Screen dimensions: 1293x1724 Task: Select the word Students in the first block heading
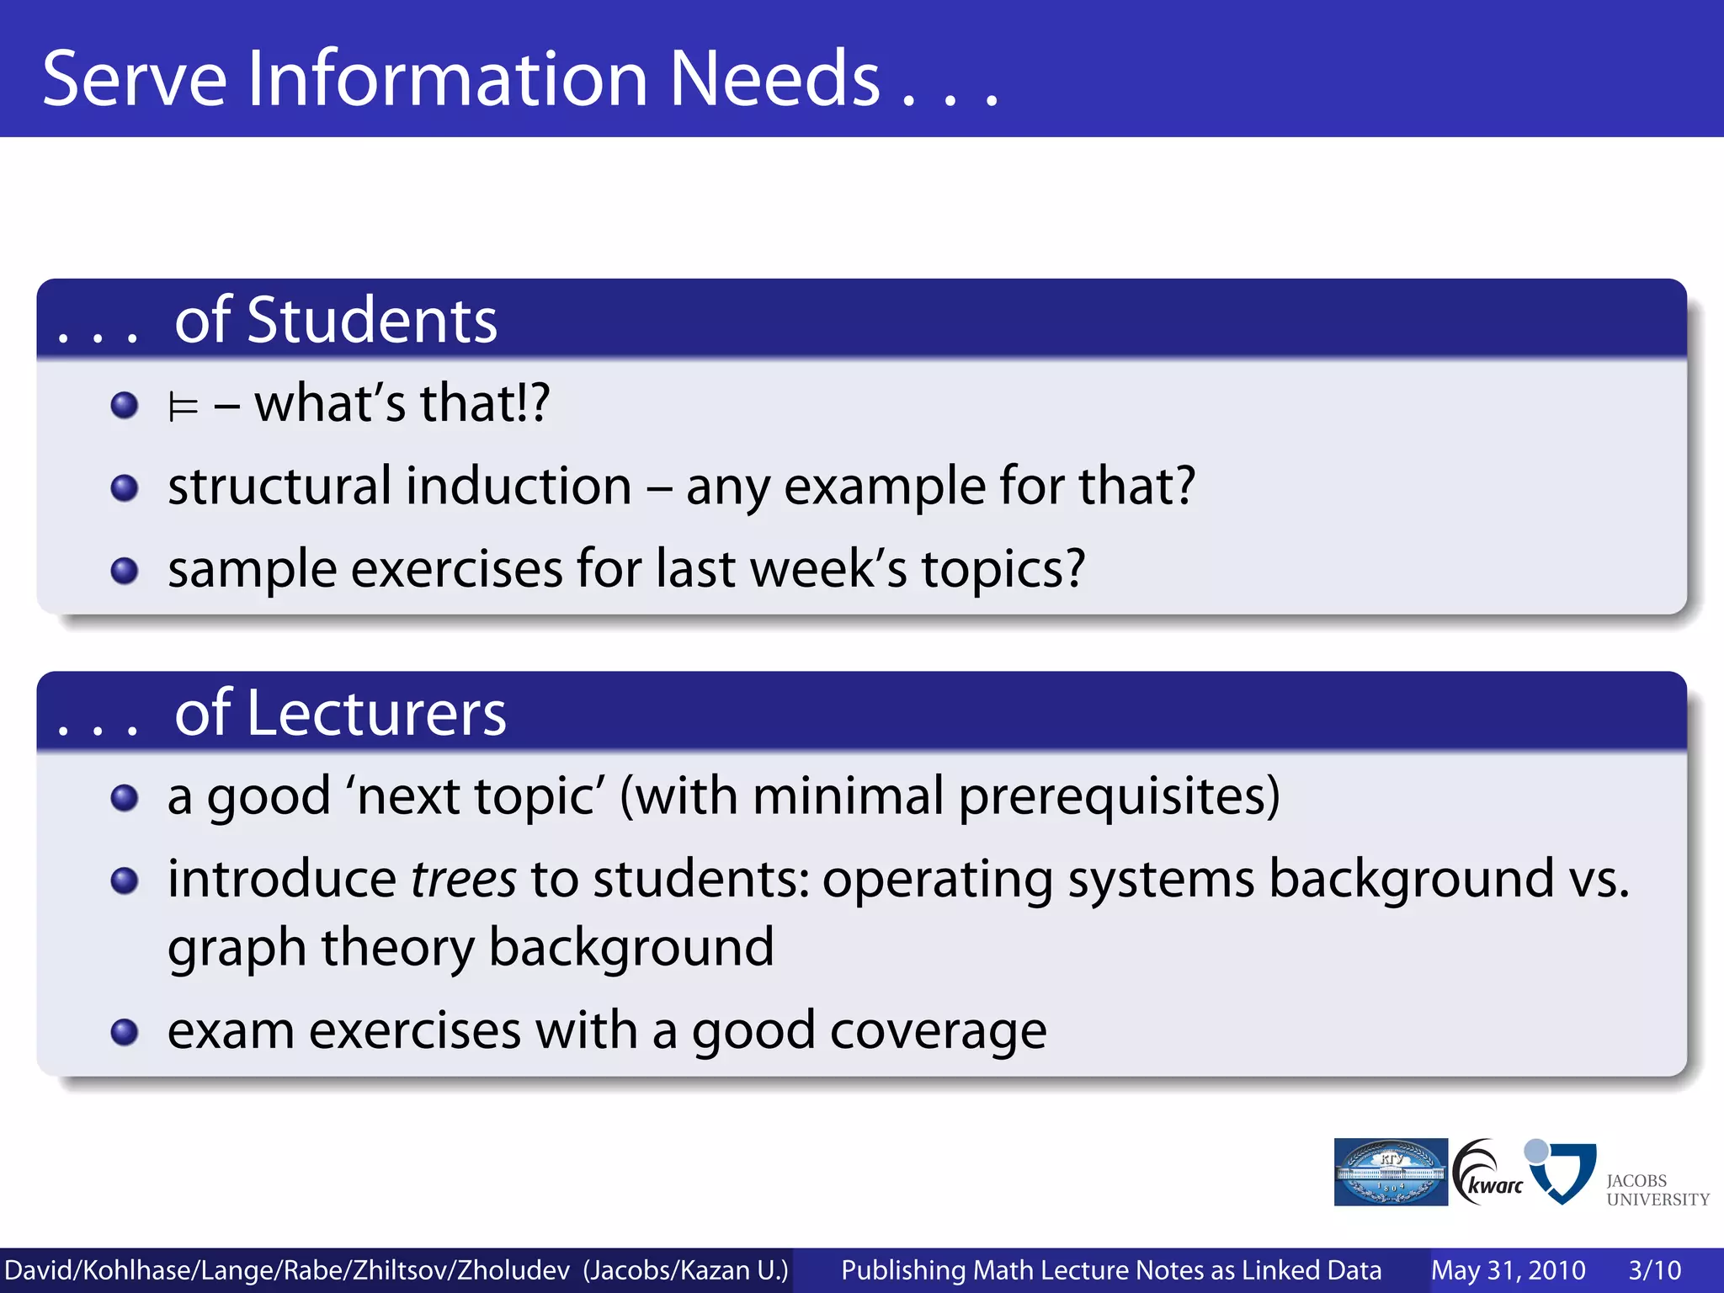point(371,321)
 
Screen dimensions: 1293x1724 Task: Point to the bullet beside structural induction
point(125,487)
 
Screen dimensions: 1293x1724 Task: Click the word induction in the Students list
point(518,487)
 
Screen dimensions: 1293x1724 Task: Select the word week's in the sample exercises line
point(828,569)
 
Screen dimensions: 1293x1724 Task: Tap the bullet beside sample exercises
point(125,571)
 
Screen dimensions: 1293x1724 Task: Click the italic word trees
point(463,880)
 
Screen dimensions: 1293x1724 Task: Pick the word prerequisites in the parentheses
point(1119,796)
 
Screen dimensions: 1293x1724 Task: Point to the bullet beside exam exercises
point(125,1031)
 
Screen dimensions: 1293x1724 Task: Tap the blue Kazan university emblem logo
point(1391,1172)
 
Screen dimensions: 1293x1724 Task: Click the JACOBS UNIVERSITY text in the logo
point(1657,1190)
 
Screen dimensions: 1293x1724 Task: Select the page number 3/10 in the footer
point(1654,1270)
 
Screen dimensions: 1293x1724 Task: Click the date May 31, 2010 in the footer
point(1508,1270)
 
